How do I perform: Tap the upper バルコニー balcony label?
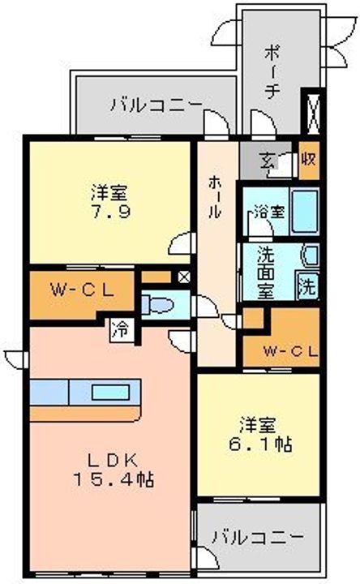(156, 104)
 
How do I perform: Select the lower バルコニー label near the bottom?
(258, 537)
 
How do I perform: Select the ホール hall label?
(214, 196)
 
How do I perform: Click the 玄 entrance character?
(268, 158)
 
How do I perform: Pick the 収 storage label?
(308, 157)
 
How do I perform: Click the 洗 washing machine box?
(308, 285)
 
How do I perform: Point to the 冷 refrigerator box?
(121, 329)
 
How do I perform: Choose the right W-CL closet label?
(285, 350)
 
